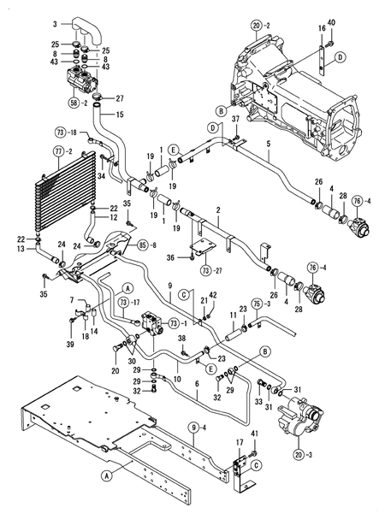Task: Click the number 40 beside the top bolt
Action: click(332, 21)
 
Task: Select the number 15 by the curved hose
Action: click(121, 115)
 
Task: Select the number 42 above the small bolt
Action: click(214, 295)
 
